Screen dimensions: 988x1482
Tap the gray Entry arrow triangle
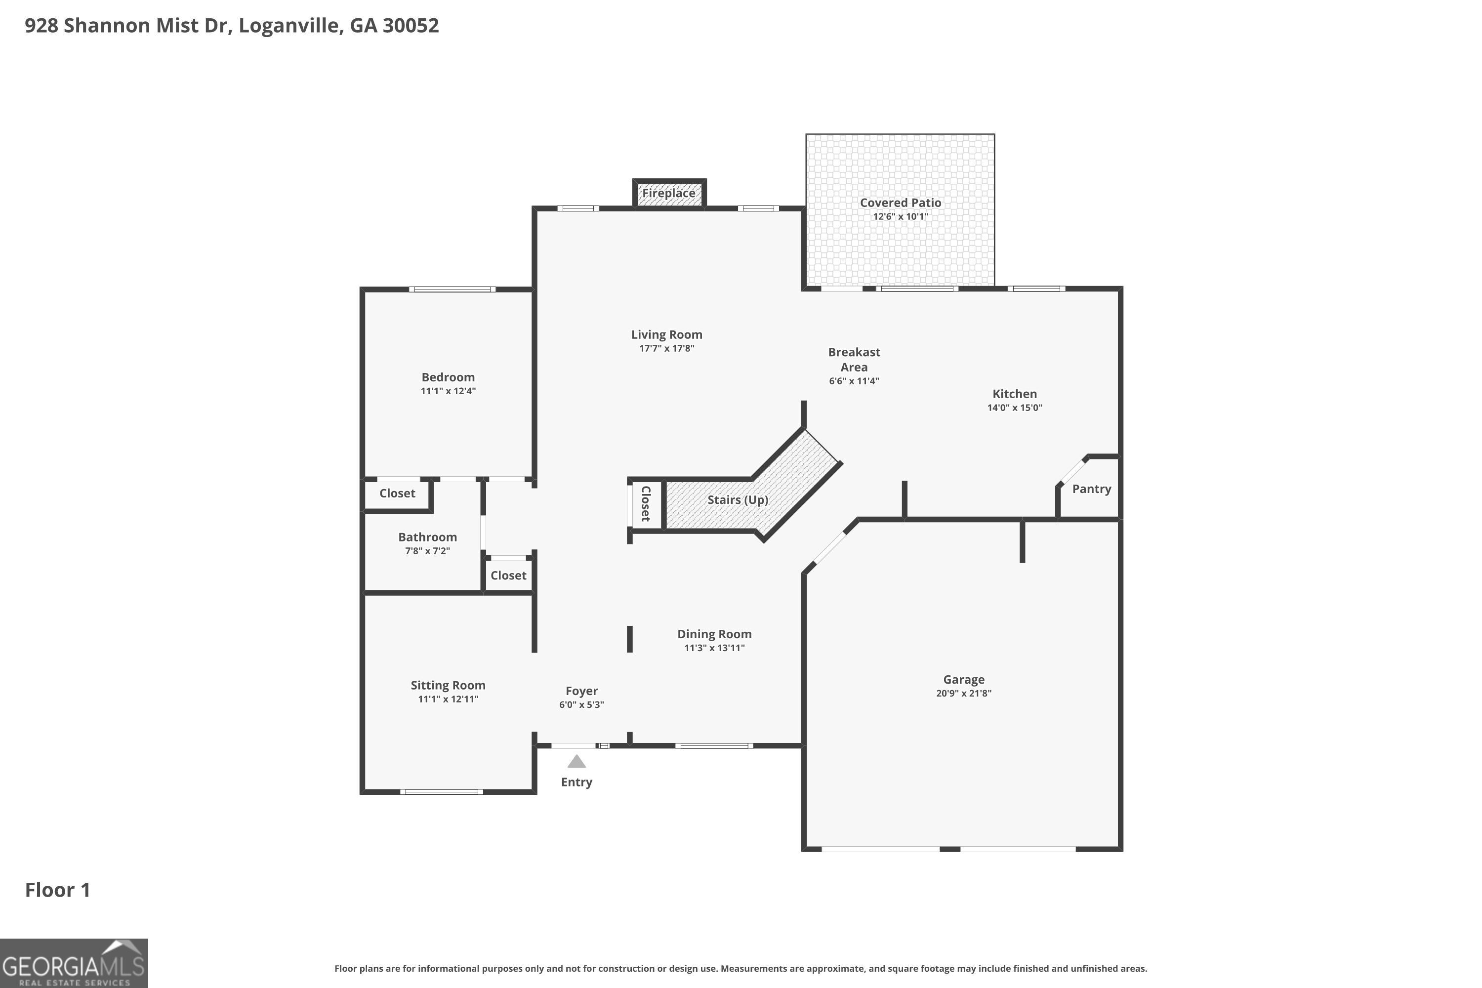(576, 762)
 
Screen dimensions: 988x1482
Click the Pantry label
(1091, 489)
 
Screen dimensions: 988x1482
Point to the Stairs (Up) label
(737, 499)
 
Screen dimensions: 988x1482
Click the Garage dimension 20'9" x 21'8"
(963, 693)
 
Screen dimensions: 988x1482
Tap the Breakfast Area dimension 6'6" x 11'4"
(853, 380)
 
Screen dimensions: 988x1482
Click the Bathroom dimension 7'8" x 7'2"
(427, 551)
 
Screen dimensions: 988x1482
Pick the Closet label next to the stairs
(645, 503)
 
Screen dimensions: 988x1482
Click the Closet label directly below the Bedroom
(397, 494)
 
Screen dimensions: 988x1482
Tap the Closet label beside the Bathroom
(508, 576)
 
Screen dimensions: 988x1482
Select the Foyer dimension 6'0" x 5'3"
(581, 704)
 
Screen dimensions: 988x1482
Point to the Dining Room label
(714, 634)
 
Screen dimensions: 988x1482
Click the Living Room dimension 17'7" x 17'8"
(666, 348)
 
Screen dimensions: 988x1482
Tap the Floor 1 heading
(57, 890)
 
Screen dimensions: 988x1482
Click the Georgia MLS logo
(74, 963)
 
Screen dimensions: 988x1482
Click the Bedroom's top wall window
(452, 289)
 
